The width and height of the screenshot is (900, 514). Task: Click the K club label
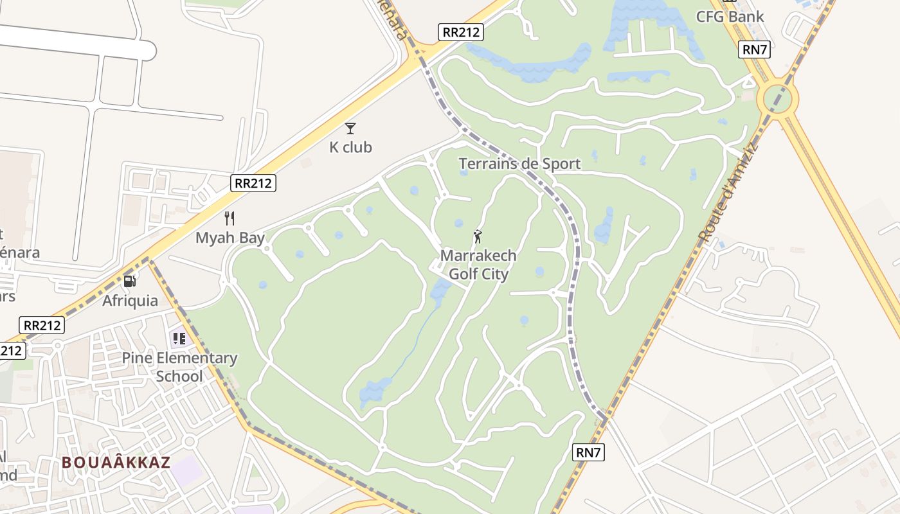350,147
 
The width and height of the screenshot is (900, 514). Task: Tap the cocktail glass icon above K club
350,128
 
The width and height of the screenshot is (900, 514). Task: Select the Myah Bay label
230,238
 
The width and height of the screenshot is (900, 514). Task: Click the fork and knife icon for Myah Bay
230,218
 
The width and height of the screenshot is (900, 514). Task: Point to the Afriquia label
130,300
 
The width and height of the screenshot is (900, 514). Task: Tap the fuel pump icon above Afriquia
129,281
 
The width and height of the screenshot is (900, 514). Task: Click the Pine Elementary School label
179,367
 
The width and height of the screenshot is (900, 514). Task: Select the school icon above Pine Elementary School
179,338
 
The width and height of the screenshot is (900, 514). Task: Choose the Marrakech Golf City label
478,265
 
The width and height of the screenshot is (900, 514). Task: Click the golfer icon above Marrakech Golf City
478,236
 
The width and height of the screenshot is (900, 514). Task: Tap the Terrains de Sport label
519,164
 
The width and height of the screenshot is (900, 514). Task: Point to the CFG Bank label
730,17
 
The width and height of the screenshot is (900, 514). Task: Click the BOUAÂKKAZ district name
116,463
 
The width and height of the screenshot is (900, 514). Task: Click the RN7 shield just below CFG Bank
755,49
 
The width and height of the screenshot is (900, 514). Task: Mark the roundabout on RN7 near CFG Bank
777,99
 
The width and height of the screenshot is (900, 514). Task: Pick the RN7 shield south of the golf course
588,452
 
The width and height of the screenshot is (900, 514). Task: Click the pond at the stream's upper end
441,292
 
